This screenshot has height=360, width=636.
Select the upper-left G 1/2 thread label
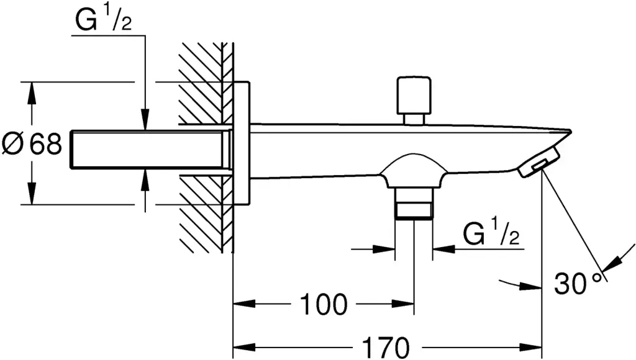[103, 22]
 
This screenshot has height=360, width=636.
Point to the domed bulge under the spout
[413, 171]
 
